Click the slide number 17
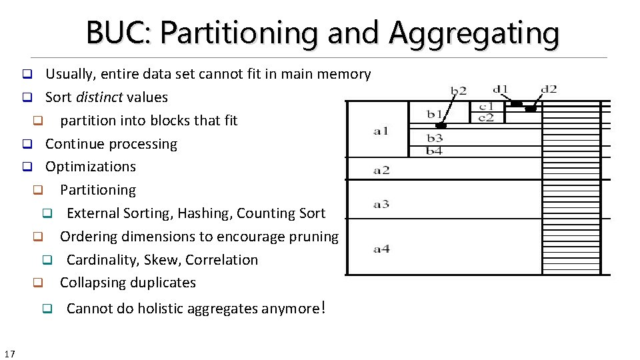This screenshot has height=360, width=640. pyautogui.click(x=10, y=353)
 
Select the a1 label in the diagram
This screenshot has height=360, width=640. pyautogui.click(x=381, y=131)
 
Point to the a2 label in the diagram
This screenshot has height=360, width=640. pyautogui.click(x=381, y=170)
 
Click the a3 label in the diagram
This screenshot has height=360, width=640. pyautogui.click(x=381, y=204)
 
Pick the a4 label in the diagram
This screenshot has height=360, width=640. pyautogui.click(x=381, y=249)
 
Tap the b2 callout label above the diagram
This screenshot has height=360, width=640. pyautogui.click(x=459, y=90)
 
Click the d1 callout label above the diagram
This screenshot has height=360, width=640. pyautogui.click(x=500, y=89)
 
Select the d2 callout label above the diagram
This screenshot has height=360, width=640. pyautogui.click(x=549, y=89)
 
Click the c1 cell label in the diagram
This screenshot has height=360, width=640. pyautogui.click(x=487, y=106)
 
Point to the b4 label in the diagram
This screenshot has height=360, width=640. pyautogui.click(x=435, y=151)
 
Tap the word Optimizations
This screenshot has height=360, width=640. pyautogui.click(x=91, y=167)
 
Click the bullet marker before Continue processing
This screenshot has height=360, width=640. pyautogui.click(x=27, y=144)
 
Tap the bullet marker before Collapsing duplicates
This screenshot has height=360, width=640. pyautogui.click(x=38, y=283)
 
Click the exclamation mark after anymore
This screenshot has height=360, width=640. pyautogui.click(x=323, y=307)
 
